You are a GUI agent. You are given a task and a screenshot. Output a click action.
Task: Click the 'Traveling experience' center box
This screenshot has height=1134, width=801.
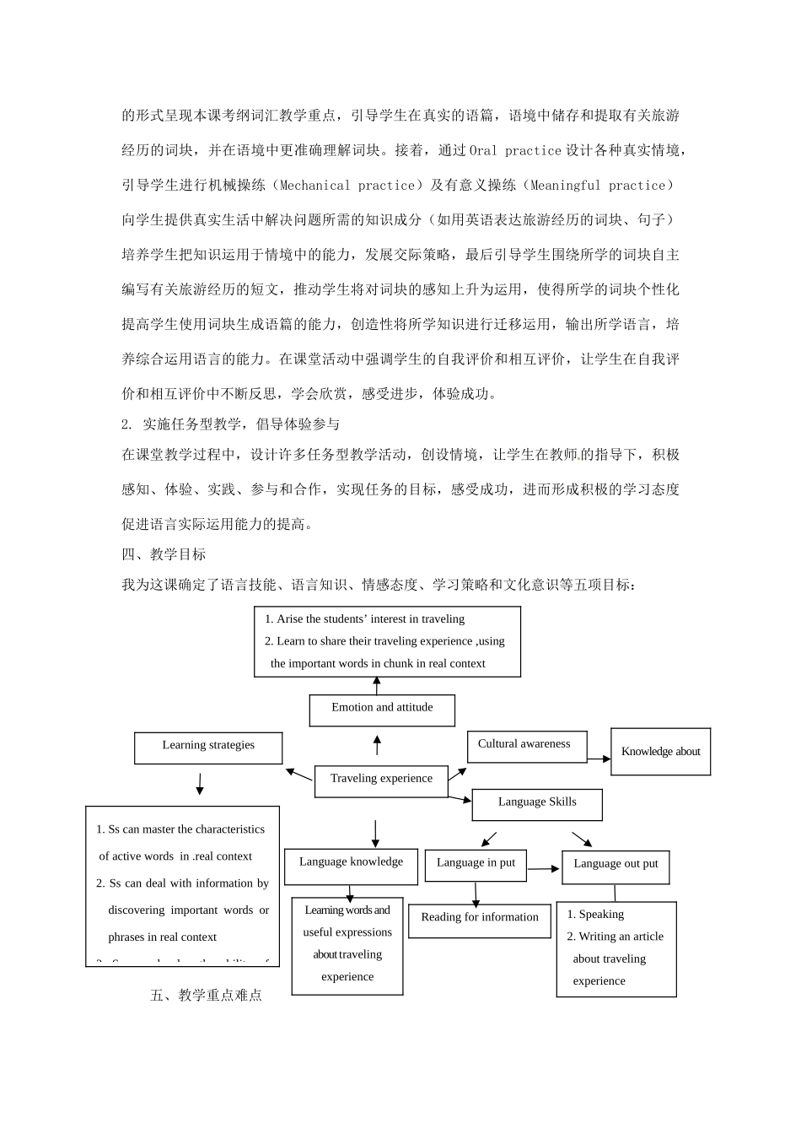(x=381, y=780)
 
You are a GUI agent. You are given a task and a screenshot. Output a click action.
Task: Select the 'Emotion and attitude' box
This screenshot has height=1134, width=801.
(x=382, y=710)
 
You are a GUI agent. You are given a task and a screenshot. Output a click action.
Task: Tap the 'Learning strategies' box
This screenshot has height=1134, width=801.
(x=208, y=748)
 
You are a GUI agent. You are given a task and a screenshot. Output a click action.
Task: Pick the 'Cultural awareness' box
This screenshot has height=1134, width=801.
(x=526, y=746)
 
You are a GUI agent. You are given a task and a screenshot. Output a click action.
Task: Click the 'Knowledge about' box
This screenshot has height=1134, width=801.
(x=660, y=752)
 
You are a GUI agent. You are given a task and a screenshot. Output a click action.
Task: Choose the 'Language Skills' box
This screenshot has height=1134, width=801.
(x=537, y=803)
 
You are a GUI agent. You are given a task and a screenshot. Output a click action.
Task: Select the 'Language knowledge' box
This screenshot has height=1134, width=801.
(x=351, y=864)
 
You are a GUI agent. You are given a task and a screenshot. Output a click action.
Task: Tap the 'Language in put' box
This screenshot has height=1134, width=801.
(x=476, y=864)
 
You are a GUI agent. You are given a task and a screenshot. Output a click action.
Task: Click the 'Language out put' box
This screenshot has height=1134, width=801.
(x=616, y=866)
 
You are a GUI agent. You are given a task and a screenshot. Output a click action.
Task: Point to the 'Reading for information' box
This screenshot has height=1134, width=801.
(x=479, y=920)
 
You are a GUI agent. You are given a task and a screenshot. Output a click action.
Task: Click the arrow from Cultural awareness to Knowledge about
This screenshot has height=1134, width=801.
(x=599, y=759)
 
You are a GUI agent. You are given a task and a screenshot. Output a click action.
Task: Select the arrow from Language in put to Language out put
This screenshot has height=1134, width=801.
(x=544, y=868)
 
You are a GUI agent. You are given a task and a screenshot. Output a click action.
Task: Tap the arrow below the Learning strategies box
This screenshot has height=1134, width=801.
(x=200, y=785)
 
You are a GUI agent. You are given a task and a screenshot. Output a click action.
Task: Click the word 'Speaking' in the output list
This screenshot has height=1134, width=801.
(x=601, y=915)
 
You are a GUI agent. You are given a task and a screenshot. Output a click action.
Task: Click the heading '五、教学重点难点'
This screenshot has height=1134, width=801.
(x=207, y=996)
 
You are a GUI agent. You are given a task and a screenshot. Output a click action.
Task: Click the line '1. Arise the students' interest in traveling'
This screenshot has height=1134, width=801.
(x=365, y=619)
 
